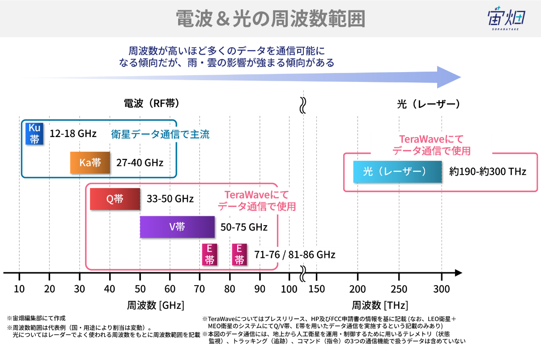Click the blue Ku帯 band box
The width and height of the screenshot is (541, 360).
[x=34, y=133]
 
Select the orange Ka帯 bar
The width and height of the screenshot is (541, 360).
[x=90, y=163]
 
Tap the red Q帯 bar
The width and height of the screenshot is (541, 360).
[x=115, y=199]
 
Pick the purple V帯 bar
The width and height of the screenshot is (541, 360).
[x=177, y=227]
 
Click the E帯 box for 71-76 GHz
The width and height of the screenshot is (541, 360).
[x=209, y=255]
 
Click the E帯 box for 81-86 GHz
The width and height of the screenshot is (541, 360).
[x=239, y=255]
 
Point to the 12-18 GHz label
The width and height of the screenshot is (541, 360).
[x=73, y=133]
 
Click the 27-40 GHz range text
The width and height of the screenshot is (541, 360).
[x=140, y=163]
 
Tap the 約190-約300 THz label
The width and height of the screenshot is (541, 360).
[x=488, y=171]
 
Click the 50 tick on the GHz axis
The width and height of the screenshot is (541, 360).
[x=140, y=289]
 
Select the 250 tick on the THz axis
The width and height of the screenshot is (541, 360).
[x=399, y=289]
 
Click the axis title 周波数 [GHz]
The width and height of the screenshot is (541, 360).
[x=156, y=306]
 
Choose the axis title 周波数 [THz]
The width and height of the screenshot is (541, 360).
[x=380, y=306]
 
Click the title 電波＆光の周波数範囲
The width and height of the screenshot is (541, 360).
[x=270, y=19]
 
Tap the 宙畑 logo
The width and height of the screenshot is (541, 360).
[x=506, y=19]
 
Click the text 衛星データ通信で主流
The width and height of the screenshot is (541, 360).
[x=160, y=134]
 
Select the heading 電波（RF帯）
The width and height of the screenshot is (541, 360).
[x=152, y=104]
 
